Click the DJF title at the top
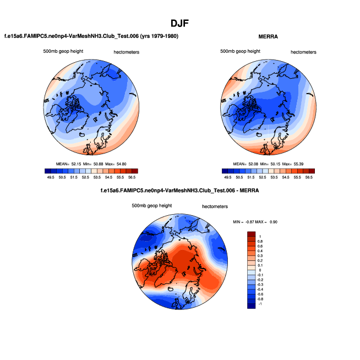(x=179, y=23)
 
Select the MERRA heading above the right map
(x=268, y=36)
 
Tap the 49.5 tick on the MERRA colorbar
(x=227, y=178)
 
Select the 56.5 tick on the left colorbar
(x=132, y=178)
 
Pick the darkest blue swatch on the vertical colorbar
(x=252, y=305)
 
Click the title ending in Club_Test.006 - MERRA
(x=179, y=190)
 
